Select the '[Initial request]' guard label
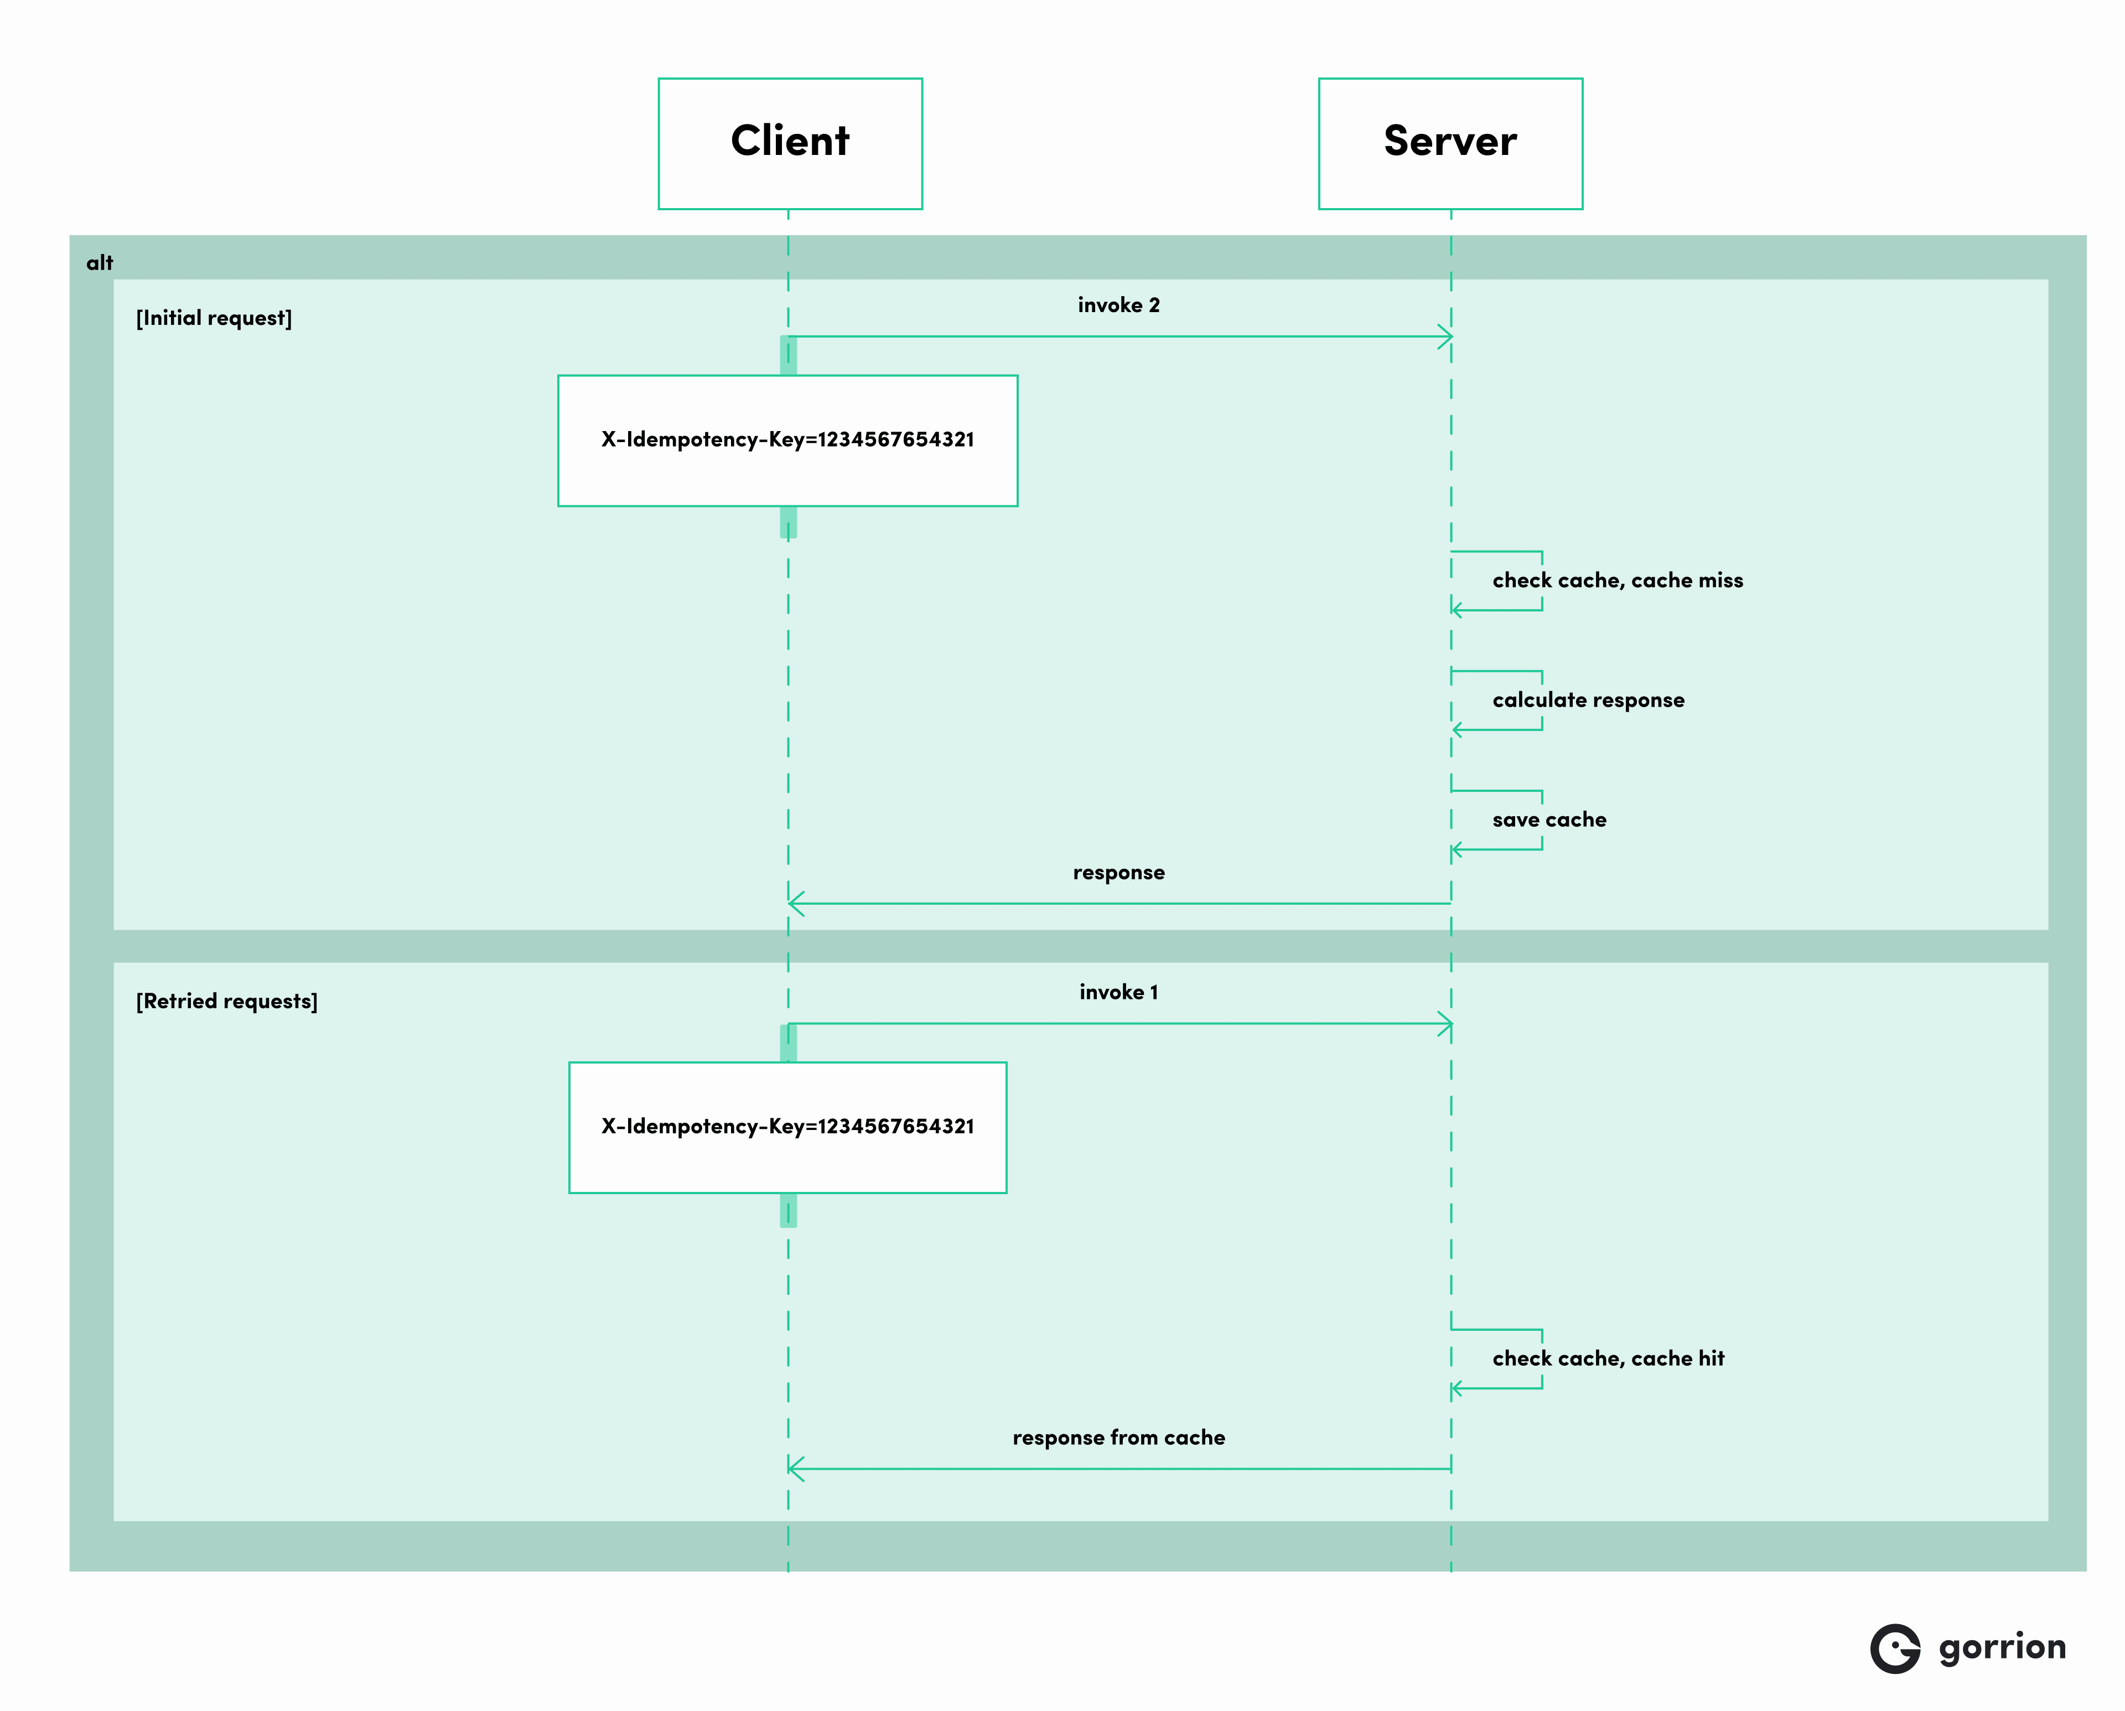point(214,318)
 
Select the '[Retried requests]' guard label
point(227,1002)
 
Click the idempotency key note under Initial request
point(787,440)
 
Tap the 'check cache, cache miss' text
point(1618,580)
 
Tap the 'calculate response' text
point(1588,701)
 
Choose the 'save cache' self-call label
point(1548,820)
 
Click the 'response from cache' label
point(1119,1438)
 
